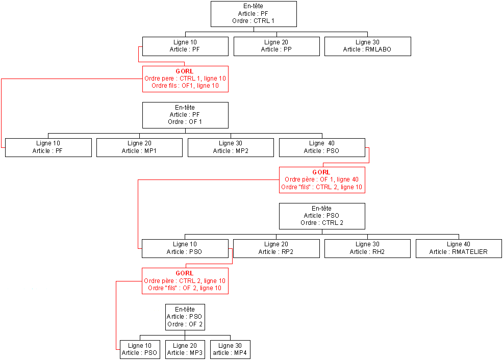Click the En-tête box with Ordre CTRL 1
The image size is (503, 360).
pyautogui.click(x=254, y=14)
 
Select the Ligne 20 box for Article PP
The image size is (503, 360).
pyautogui.click(x=276, y=46)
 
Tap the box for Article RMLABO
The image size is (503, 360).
pyautogui.click(x=367, y=46)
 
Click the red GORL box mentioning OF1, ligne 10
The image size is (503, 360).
pyautogui.click(x=185, y=79)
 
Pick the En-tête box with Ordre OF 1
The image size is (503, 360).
pyautogui.click(x=185, y=115)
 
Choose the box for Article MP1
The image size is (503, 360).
pyautogui.click(x=139, y=147)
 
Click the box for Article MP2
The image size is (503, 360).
pyautogui.click(x=231, y=147)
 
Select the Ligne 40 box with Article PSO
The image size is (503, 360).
pyautogui.click(x=321, y=147)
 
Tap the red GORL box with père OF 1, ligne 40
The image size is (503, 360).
pyautogui.click(x=321, y=180)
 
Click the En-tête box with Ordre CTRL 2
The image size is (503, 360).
pyautogui.click(x=321, y=216)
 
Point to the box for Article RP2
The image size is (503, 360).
pyautogui.click(x=276, y=248)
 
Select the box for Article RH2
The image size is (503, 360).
pyautogui.click(x=367, y=248)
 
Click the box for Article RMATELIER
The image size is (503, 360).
pyautogui.click(x=459, y=248)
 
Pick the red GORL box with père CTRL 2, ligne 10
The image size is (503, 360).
pyautogui.click(x=185, y=281)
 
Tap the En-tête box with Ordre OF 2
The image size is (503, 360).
pyautogui.click(x=185, y=317)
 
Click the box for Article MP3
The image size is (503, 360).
pyautogui.click(x=185, y=349)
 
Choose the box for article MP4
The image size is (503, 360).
pyautogui.click(x=230, y=349)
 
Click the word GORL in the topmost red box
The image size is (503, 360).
pyautogui.click(x=185, y=71)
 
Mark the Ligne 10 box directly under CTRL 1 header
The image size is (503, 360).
pyautogui.click(x=185, y=46)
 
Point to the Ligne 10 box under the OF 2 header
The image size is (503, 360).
pyautogui.click(x=139, y=349)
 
